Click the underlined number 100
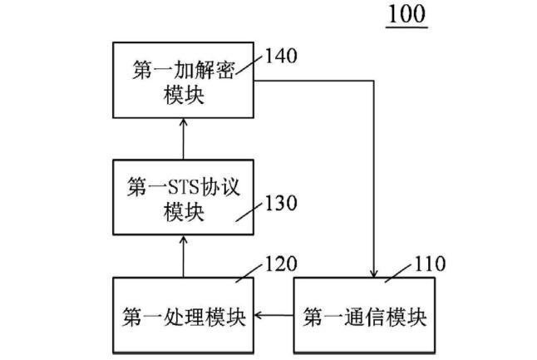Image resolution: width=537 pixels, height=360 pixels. click(x=406, y=14)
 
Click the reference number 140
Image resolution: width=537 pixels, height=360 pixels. click(x=280, y=57)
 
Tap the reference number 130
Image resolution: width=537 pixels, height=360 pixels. click(x=280, y=202)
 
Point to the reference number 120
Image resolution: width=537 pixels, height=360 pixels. click(x=279, y=264)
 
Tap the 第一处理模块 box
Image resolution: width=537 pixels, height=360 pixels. click(x=182, y=317)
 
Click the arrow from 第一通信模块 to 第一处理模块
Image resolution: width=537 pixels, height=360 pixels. click(x=273, y=317)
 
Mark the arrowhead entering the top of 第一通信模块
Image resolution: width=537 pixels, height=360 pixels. click(x=377, y=274)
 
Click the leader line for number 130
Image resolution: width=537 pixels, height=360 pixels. click(x=250, y=211)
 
